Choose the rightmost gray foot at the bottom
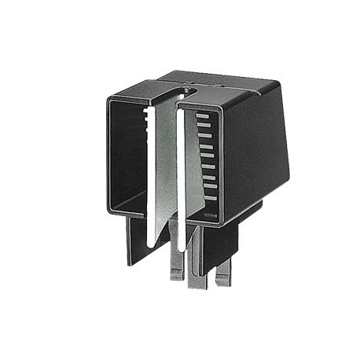(x=224, y=272)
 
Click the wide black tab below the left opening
(x=138, y=240)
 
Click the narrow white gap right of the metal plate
(x=182, y=181)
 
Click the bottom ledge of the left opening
(x=126, y=211)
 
